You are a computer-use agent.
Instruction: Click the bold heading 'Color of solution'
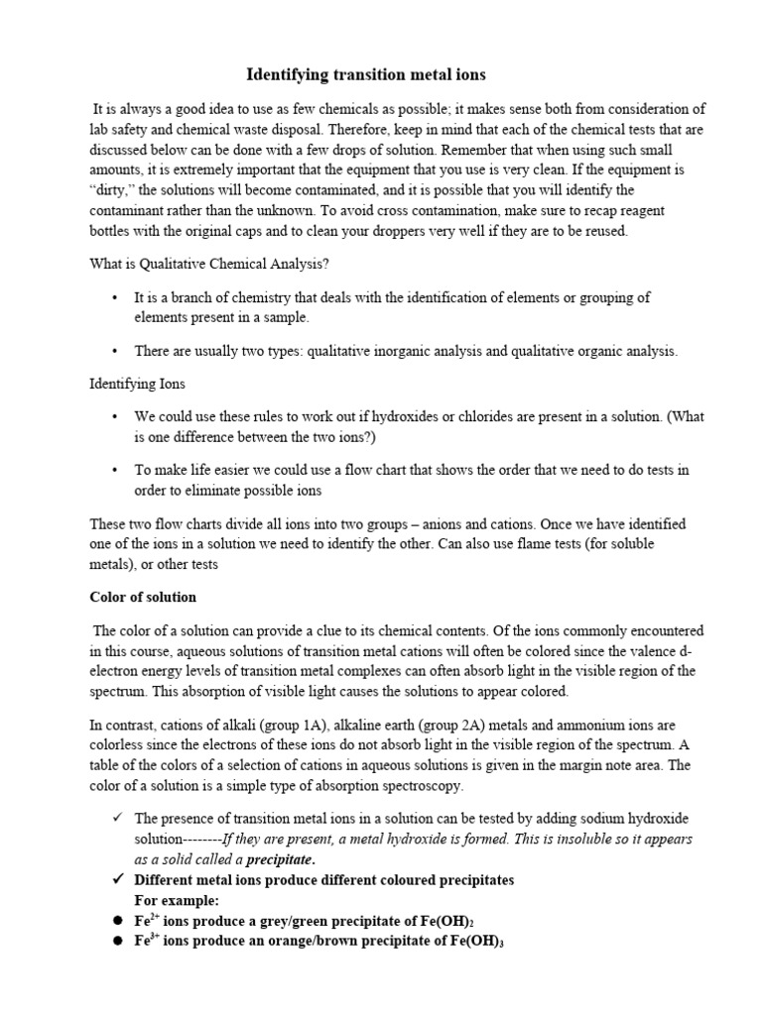point(143,597)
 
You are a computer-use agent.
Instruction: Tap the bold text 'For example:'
point(176,899)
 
